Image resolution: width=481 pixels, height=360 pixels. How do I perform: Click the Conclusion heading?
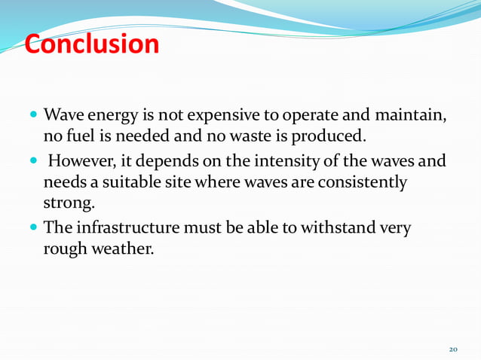(x=91, y=44)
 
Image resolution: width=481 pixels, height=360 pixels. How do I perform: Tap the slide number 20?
(x=453, y=350)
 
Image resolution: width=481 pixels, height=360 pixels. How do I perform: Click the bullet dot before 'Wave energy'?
(x=35, y=117)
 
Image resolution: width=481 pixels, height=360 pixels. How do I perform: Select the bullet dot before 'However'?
(x=35, y=162)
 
